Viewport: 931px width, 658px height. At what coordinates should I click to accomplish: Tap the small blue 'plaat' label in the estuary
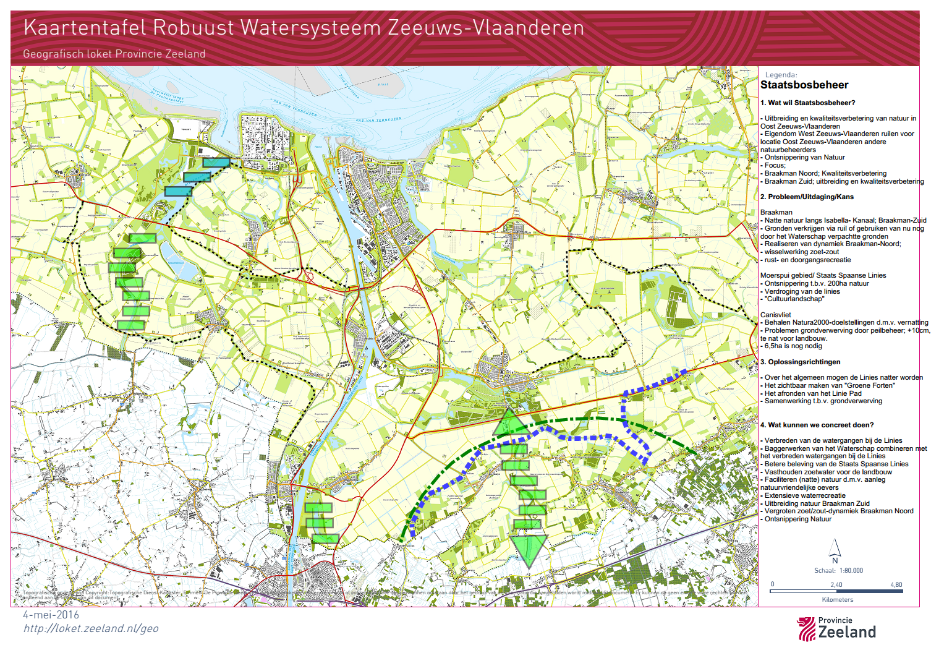pyautogui.click(x=383, y=85)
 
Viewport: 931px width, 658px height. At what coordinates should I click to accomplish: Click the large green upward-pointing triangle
pyautogui.click(x=510, y=422)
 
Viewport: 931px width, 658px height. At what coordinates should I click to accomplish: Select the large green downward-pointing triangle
pyautogui.click(x=528, y=550)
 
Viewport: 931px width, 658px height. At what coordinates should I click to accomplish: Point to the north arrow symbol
pyautogui.click(x=835, y=549)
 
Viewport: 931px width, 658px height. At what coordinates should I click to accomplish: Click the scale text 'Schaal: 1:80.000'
pyautogui.click(x=838, y=571)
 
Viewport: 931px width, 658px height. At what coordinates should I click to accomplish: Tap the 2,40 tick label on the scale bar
pyautogui.click(x=836, y=584)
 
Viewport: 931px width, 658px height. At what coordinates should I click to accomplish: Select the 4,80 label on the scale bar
pyautogui.click(x=896, y=584)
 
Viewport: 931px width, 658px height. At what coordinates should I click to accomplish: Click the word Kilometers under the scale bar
pyautogui.click(x=838, y=599)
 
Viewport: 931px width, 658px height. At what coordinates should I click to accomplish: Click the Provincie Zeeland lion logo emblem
pyautogui.click(x=806, y=629)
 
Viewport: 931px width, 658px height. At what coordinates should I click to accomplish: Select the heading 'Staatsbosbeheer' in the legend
pyautogui.click(x=804, y=85)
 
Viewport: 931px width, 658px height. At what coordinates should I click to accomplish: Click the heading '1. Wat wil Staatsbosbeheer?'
pyautogui.click(x=807, y=103)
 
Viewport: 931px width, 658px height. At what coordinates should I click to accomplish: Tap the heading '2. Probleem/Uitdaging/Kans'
pyautogui.click(x=807, y=197)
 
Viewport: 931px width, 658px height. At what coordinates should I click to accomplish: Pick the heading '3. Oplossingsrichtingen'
pyautogui.click(x=800, y=362)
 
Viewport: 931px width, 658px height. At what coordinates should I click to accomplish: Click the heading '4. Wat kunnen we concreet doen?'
pyautogui.click(x=817, y=425)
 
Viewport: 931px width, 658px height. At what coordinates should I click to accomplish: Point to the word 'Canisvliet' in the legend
pyautogui.click(x=775, y=315)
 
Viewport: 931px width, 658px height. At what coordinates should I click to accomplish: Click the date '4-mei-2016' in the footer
pyautogui.click(x=51, y=615)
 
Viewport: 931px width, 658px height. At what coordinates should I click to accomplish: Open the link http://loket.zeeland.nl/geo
pyautogui.click(x=91, y=628)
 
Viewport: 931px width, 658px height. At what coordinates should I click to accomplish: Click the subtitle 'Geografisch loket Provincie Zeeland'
pyautogui.click(x=114, y=54)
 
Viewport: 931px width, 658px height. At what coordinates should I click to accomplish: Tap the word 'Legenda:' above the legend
pyautogui.click(x=781, y=75)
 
